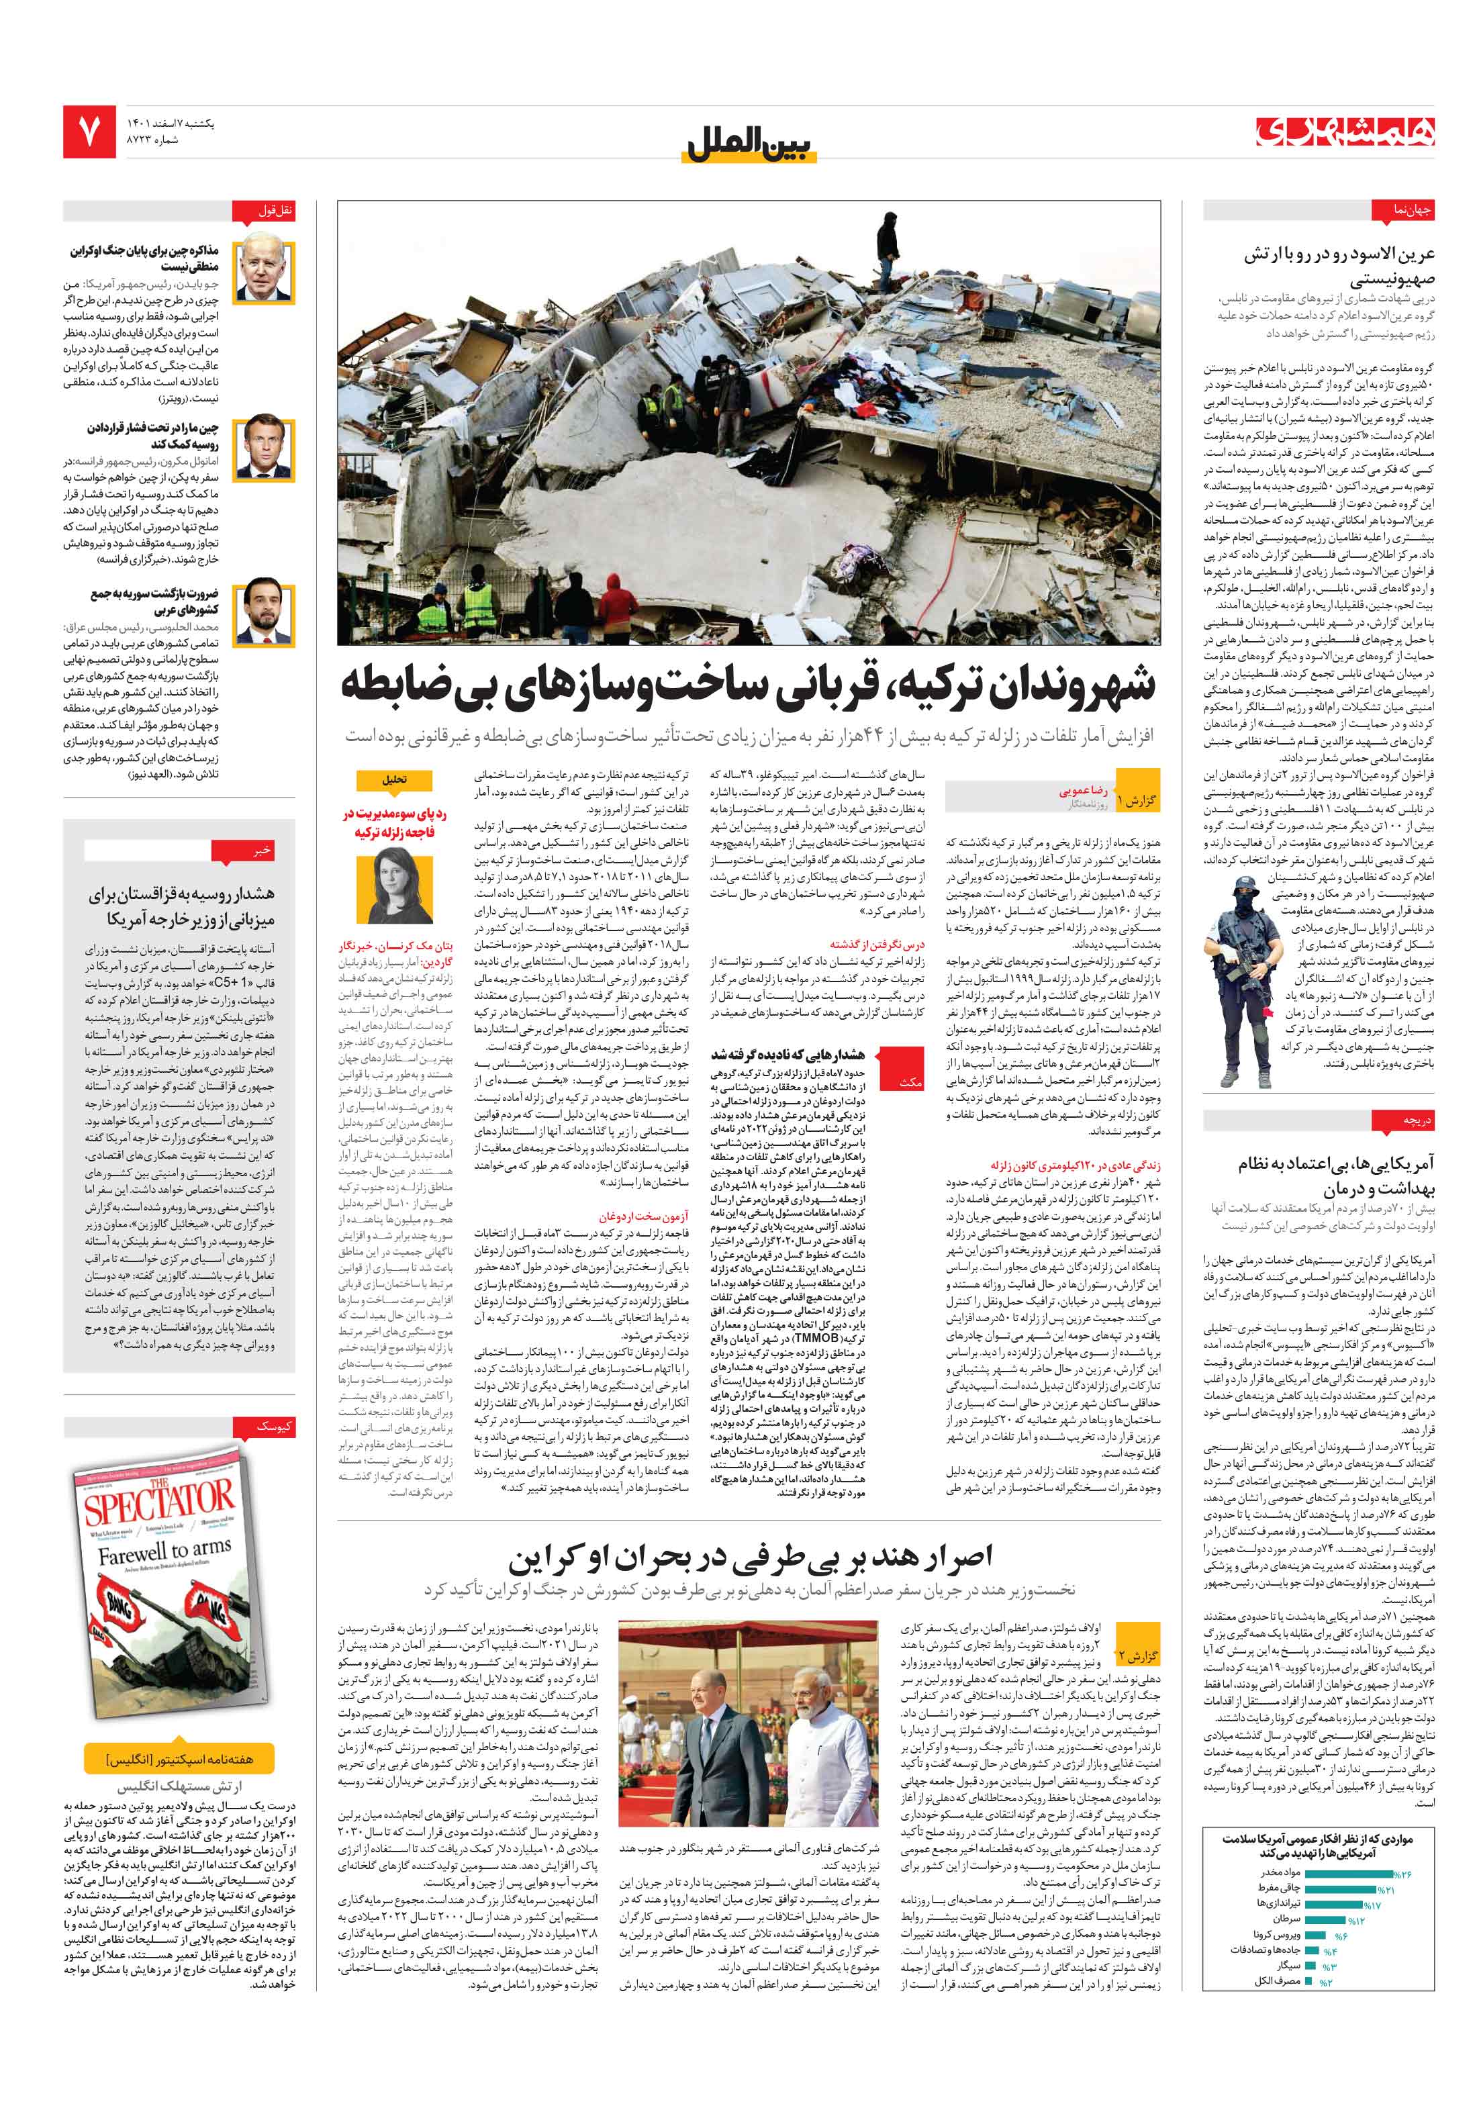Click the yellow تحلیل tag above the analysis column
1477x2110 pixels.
tap(394, 780)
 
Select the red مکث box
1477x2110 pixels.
tap(909, 1083)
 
